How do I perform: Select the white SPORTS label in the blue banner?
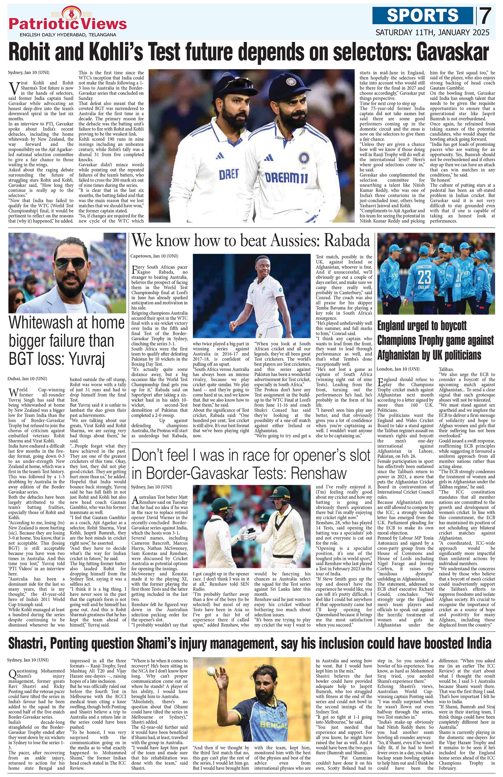click(423, 15)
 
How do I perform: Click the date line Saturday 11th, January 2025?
click(432, 32)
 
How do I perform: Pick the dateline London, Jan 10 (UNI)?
click(398, 369)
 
